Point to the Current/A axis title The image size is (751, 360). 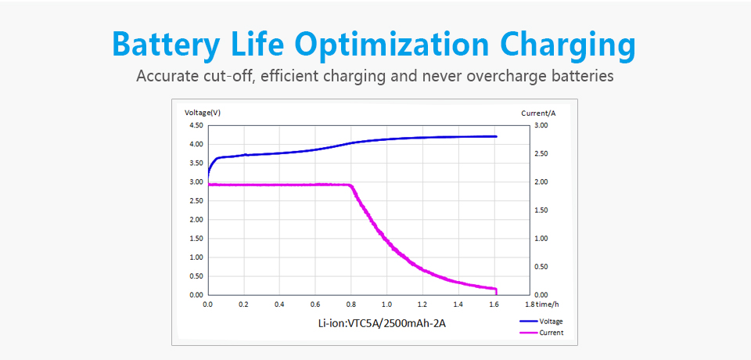[537, 113]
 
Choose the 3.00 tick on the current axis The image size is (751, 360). [541, 125]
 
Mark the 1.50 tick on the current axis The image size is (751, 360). [541, 210]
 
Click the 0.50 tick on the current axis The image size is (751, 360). [541, 266]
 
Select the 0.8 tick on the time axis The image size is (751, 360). [350, 304]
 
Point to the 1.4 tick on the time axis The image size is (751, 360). [458, 304]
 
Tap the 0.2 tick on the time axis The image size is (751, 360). [243, 304]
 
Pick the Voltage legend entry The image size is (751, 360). [550, 321]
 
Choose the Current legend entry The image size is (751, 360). [550, 333]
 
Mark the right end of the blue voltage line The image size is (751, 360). [496, 136]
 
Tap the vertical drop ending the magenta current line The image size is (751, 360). [496, 291]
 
